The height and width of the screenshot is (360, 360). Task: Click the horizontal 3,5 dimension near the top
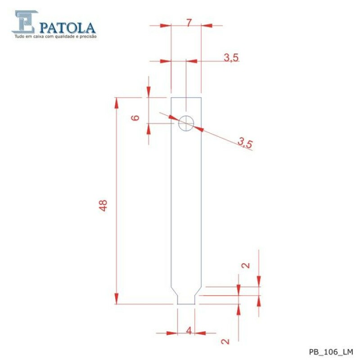231,57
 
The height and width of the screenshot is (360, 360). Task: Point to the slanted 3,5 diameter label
246,144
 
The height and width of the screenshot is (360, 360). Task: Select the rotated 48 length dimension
103,206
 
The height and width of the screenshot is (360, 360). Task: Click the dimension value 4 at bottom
189,331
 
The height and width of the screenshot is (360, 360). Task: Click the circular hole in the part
186,123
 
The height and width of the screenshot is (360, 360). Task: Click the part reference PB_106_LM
331,351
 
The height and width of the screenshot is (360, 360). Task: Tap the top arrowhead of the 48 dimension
117,102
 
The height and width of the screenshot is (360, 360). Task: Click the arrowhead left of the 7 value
166,26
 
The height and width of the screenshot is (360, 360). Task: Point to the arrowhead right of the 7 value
206,26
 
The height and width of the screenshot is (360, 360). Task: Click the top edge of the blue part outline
186,97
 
